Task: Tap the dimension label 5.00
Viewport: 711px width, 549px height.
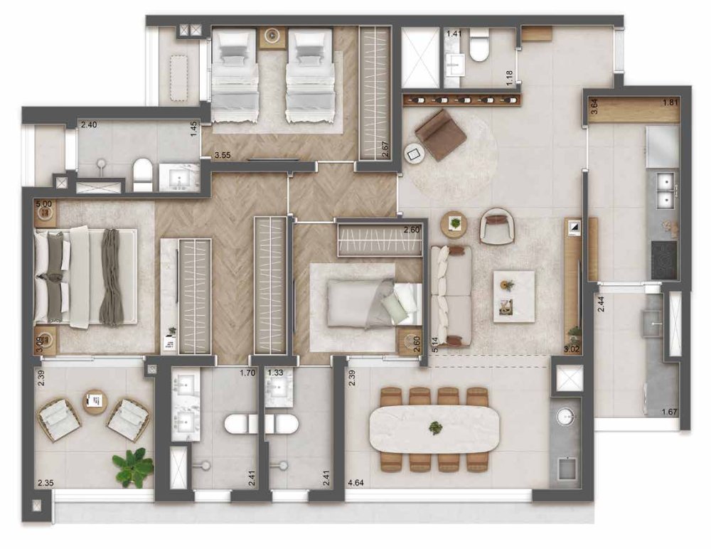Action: click(44, 205)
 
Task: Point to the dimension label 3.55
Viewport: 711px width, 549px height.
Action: click(223, 155)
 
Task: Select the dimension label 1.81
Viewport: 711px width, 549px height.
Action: click(670, 102)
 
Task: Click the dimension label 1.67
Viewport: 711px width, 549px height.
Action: click(669, 412)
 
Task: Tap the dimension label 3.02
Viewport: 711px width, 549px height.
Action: click(572, 349)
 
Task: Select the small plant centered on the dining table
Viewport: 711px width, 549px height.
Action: click(436, 427)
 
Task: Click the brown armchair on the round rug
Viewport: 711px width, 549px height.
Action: click(441, 134)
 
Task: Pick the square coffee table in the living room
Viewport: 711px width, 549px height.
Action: click(514, 297)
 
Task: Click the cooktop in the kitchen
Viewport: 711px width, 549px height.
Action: click(664, 260)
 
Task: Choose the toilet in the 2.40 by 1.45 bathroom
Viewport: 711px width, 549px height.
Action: click(142, 175)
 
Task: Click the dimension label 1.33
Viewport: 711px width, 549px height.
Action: click(275, 373)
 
